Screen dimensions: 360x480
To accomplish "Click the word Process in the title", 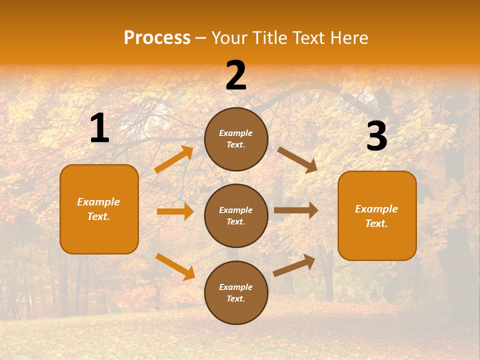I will tap(157, 37).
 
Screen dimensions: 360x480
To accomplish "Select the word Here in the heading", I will tap(349, 37).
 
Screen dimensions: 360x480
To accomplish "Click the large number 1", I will tap(99, 128).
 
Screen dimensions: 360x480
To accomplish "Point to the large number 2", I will tap(236, 75).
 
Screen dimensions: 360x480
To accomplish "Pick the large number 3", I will tap(376, 136).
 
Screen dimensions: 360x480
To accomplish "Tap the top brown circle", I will tap(236, 139).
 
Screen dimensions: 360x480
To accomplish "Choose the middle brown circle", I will tap(236, 215).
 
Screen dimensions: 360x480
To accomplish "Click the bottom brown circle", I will tap(236, 292).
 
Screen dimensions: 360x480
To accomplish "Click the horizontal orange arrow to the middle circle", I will tap(175, 211).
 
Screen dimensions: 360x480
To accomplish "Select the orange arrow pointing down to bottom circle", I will tap(175, 266).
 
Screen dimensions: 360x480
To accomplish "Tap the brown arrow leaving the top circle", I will tap(297, 159).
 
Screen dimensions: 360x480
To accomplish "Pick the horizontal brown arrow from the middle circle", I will tap(296, 210).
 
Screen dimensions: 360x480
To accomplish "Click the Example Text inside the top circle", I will tap(236, 139).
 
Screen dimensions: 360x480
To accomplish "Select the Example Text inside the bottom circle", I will tap(236, 293).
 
